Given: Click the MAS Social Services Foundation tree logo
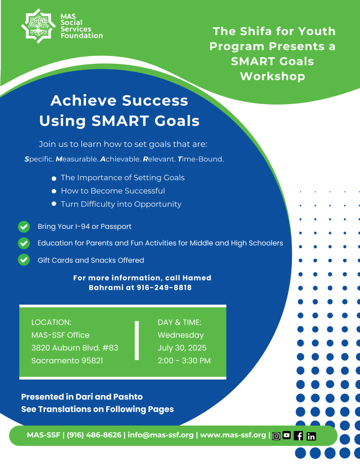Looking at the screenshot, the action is coord(38,26).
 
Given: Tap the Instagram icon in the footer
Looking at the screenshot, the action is coord(276,436).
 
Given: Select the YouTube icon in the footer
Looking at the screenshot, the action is coord(287,435).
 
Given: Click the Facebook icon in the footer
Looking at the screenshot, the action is coord(299,436).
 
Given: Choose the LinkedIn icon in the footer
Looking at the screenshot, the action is coord(311,436).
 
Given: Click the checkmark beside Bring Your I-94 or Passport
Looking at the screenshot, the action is coord(24,227).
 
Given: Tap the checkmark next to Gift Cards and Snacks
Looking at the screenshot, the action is coord(24,260).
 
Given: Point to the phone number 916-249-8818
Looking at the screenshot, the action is coord(164,288).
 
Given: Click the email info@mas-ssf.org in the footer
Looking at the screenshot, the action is coord(161,435).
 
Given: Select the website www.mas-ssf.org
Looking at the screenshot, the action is coord(233,435).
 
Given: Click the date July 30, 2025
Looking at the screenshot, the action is coord(182,348).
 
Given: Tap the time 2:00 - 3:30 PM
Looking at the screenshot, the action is coord(184,361).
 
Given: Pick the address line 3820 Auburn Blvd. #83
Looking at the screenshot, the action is coord(75,348).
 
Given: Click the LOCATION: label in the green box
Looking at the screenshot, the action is coord(52,322).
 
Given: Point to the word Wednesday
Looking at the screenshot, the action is coord(181,335).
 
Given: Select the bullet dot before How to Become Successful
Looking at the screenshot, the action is coord(54,191).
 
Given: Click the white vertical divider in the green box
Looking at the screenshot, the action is coord(137,341).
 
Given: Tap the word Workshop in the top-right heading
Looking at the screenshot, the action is coord(272,76).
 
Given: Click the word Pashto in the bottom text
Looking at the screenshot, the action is coord(128,397).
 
